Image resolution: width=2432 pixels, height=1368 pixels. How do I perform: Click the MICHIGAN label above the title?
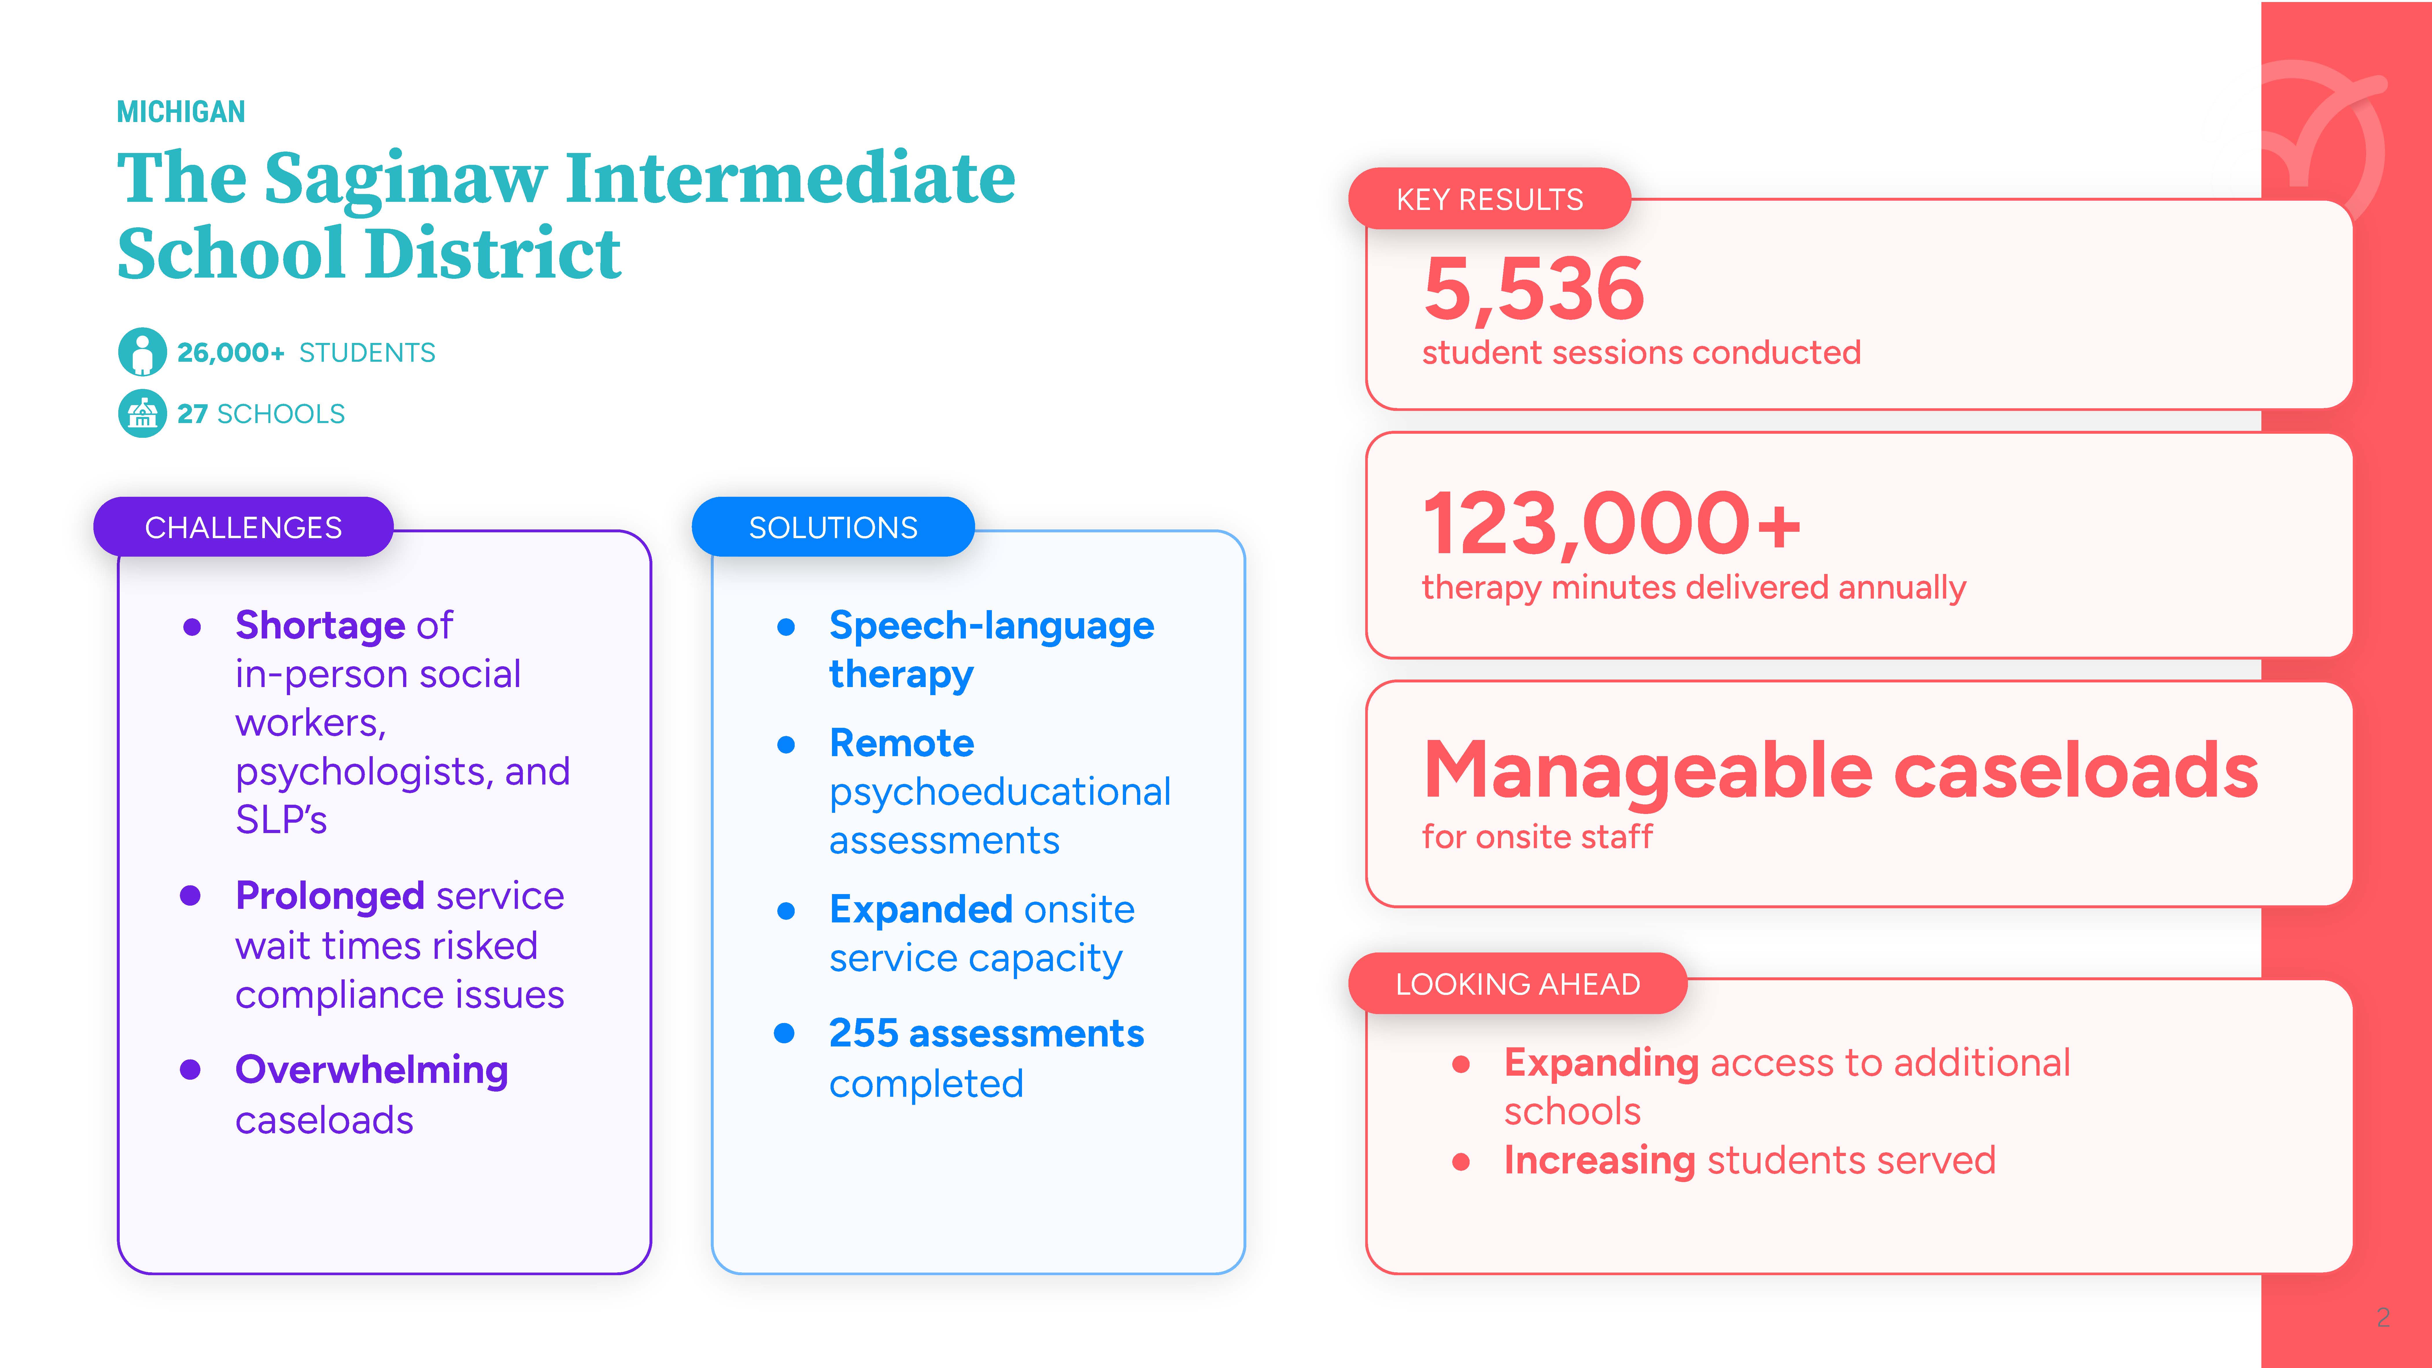(180, 111)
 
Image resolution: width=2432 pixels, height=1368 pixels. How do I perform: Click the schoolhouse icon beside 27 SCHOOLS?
(143, 413)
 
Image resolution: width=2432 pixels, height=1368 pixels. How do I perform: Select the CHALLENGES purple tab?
(243, 527)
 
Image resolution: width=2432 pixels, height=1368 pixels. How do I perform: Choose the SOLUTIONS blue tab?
(833, 527)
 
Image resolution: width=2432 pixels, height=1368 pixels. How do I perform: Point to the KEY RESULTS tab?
(1490, 199)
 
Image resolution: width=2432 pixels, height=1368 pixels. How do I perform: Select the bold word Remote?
(902, 743)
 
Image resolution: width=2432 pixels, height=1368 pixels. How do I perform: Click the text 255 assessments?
(987, 1034)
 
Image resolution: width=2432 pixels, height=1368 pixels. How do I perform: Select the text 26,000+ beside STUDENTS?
(230, 352)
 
